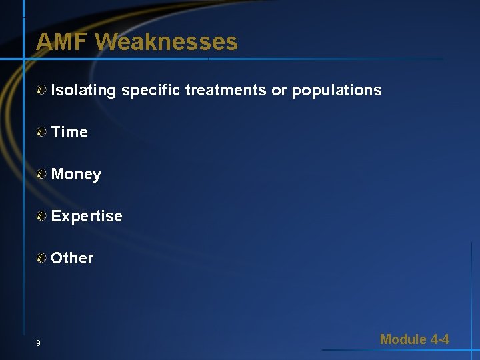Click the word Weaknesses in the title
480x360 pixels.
click(x=166, y=42)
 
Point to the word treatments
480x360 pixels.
click(x=225, y=90)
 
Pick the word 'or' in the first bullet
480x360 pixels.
click(x=279, y=90)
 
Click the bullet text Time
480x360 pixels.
click(x=69, y=132)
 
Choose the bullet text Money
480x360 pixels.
click(x=76, y=175)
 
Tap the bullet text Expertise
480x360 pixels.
click(x=87, y=216)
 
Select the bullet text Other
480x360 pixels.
click(x=72, y=258)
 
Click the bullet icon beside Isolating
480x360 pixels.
click(x=42, y=90)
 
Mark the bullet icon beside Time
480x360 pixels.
click(x=42, y=132)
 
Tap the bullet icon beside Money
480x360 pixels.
click(x=42, y=174)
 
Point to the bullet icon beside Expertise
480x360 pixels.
click(x=42, y=216)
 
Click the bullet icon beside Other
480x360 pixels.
click(x=42, y=258)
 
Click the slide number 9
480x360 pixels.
click(x=38, y=343)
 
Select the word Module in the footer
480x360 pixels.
click(x=403, y=339)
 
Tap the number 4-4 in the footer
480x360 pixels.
click(x=440, y=339)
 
